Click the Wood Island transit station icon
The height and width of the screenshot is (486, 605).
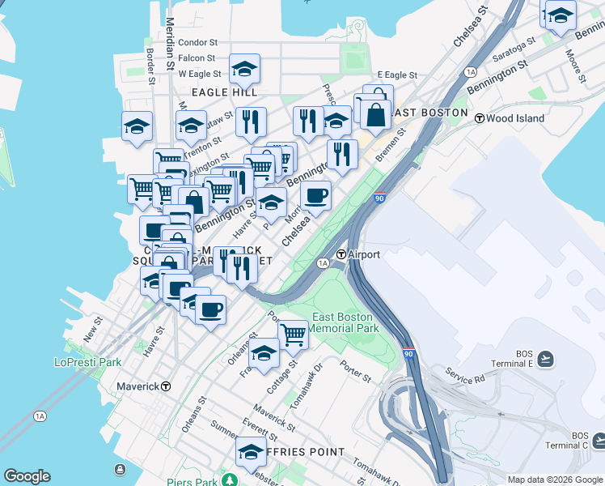coord(479,118)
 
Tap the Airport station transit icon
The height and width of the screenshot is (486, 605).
coord(341,254)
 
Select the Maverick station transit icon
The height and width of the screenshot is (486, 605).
coord(166,386)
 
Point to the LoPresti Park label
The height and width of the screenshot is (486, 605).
coord(87,362)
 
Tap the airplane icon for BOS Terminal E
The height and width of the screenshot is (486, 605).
coord(546,359)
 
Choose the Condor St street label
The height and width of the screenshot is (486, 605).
coord(197,42)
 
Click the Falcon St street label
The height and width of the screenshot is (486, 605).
coord(197,58)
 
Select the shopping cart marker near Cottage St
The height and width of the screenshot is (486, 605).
coord(293,333)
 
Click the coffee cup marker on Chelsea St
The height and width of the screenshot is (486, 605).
coord(315,194)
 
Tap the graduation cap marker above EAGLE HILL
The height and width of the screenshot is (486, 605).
coord(244,69)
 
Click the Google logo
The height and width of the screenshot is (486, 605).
coord(27,476)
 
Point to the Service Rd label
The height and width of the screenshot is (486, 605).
coord(464,375)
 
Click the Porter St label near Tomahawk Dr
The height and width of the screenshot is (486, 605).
coord(355,372)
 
